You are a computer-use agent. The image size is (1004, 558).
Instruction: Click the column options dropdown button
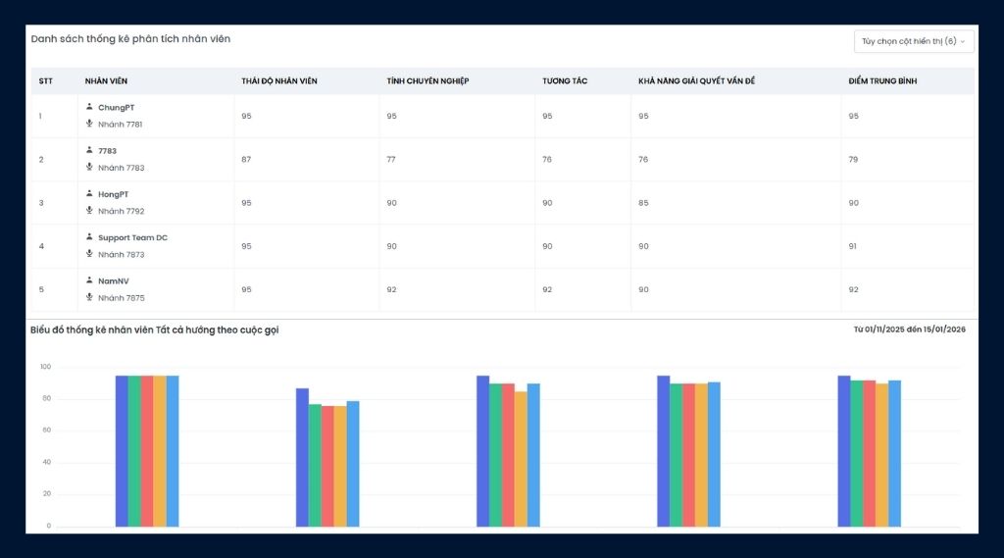[x=914, y=41]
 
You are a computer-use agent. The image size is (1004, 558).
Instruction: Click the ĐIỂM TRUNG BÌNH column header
[x=881, y=80]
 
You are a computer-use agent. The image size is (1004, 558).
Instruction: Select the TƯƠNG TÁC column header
[x=565, y=80]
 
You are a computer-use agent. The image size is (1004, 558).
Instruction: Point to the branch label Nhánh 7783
[x=121, y=168]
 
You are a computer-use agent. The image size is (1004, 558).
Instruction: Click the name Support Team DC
[x=132, y=237]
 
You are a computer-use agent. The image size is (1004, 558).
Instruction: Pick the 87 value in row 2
[x=246, y=160]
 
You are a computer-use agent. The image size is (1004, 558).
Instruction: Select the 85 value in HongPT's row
[x=643, y=203]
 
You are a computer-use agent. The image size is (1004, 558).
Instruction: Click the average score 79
[x=853, y=160]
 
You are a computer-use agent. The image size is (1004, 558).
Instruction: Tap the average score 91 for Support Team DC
[x=853, y=246]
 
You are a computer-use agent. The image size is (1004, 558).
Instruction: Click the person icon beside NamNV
[x=89, y=280]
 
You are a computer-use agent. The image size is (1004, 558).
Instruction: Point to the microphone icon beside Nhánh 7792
[x=89, y=211]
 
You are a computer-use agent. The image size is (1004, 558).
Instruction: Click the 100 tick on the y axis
[x=44, y=368]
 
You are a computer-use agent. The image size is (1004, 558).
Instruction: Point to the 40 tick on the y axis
[x=46, y=463]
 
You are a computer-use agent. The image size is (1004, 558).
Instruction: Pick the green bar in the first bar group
[x=134, y=451]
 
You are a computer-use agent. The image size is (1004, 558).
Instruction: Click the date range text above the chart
[x=909, y=330]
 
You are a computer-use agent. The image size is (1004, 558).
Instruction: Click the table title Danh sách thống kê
[x=130, y=38]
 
